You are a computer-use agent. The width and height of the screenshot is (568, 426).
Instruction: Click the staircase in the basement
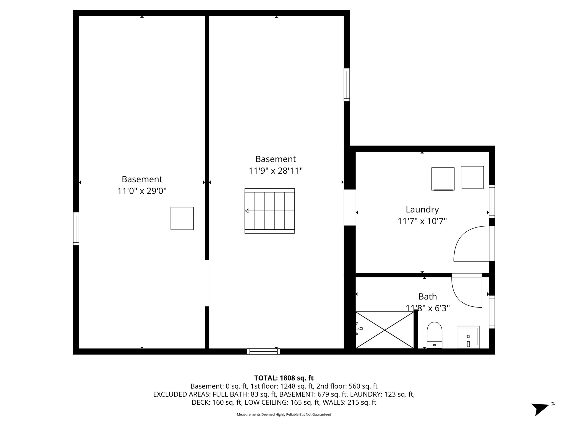269,211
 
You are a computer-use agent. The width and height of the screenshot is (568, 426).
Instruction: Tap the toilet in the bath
434,335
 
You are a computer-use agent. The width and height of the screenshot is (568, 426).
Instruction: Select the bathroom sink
468,337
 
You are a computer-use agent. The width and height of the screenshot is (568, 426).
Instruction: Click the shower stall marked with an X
385,330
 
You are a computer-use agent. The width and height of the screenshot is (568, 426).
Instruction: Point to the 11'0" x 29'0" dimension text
142,191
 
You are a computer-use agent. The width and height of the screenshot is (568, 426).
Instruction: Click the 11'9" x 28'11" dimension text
275,171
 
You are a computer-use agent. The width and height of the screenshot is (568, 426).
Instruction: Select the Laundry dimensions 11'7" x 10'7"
422,221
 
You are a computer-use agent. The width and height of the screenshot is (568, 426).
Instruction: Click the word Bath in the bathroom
427,296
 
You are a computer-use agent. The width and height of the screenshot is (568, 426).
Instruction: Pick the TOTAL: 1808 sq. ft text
284,378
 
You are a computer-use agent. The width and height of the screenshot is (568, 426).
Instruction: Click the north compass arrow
540,409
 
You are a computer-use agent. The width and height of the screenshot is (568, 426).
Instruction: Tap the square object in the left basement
182,218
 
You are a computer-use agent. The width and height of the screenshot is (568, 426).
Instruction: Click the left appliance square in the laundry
443,179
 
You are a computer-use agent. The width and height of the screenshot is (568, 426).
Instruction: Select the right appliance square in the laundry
472,177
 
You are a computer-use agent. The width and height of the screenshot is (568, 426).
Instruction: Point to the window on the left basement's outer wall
76,229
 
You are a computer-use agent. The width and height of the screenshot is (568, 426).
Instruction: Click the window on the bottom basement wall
263,351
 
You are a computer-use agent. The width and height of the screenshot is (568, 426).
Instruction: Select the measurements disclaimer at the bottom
284,414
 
